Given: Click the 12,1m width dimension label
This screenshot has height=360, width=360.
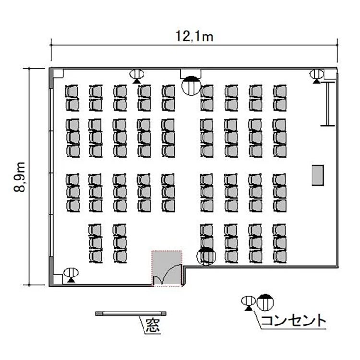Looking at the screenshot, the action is [194, 37].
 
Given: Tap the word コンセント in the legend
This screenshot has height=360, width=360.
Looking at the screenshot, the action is [293, 321].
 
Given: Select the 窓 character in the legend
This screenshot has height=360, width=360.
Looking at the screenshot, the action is [153, 325].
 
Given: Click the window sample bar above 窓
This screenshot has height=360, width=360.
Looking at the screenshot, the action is [131, 313].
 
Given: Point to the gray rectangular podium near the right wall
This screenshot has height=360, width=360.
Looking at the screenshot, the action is [318, 175].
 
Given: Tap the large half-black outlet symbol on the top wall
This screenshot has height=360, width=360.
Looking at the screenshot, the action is [191, 85].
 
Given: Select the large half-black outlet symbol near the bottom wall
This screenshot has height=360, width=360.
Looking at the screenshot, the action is [206, 256].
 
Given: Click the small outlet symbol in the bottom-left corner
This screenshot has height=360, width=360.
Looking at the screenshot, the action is [71, 275].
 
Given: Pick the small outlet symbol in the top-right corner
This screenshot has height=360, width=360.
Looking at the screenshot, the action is [317, 76].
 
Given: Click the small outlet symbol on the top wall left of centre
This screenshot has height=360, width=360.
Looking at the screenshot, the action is [137, 76].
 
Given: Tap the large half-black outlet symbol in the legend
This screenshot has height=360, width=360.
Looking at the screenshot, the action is [265, 302].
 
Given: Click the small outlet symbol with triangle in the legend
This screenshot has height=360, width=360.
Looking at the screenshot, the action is [249, 303].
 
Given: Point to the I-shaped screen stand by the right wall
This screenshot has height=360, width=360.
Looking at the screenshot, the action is [328, 104].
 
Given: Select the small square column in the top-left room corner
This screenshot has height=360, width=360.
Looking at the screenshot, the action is [58, 73].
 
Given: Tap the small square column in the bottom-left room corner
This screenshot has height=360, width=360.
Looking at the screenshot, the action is [58, 279].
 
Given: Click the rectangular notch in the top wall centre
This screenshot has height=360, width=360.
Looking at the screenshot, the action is [191, 73].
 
